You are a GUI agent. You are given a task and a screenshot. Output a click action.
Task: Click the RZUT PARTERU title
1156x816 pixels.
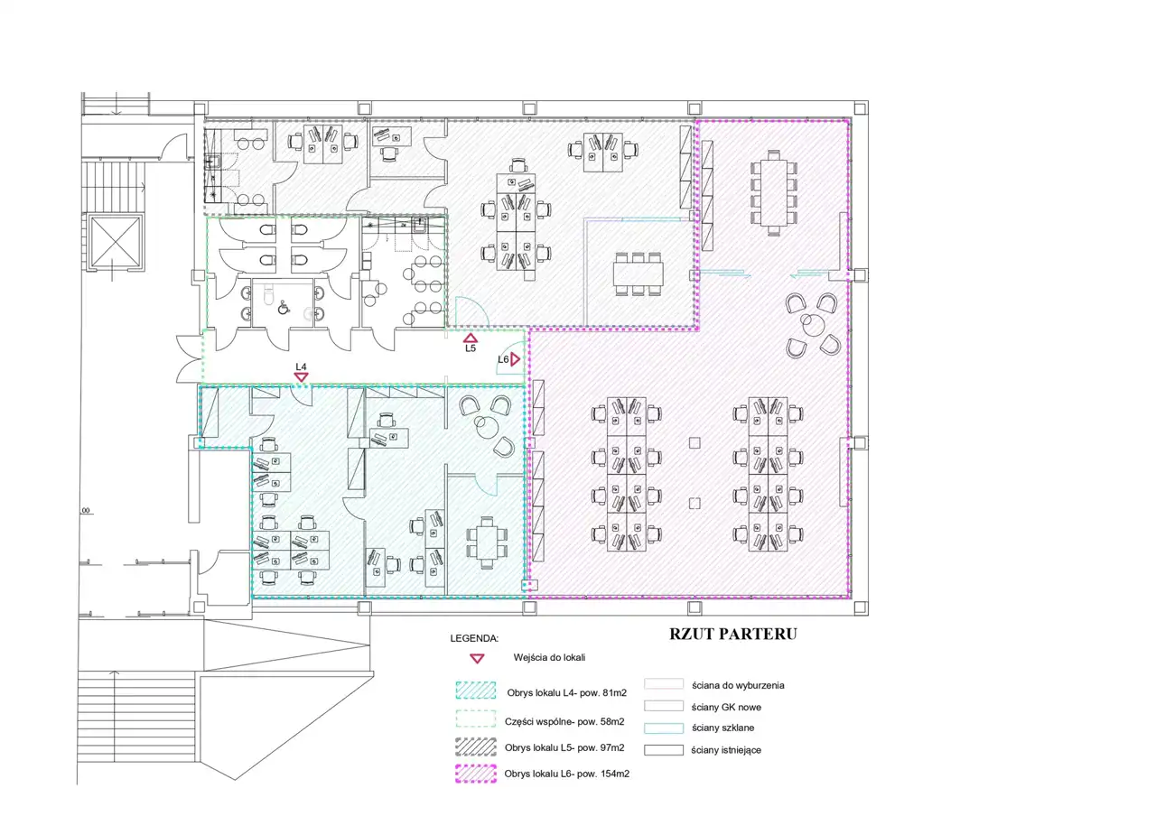[732, 634]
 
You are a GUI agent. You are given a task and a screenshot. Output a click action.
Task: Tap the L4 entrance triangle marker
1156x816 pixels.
[302, 377]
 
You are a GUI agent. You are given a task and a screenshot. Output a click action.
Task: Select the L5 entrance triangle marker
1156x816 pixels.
[471, 338]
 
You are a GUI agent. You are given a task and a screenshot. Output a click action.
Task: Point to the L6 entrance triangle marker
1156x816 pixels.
[515, 359]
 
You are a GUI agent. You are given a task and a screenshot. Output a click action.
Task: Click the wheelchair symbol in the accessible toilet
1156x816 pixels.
[284, 308]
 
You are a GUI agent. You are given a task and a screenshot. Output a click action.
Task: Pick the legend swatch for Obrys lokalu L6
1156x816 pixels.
[476, 774]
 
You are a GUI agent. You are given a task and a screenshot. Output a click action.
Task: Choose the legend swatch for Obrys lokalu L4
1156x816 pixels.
[476, 691]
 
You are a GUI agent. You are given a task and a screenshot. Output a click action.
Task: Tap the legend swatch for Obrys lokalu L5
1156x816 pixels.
[476, 746]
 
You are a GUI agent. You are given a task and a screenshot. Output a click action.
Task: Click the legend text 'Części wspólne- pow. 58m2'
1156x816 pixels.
[564, 721]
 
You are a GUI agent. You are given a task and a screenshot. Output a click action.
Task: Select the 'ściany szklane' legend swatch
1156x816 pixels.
[664, 728]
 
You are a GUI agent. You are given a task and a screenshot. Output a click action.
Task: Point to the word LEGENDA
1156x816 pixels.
[474, 638]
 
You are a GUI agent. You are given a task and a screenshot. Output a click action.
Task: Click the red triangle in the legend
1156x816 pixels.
[478, 659]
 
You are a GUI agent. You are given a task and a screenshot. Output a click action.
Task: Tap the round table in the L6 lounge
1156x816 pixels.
[813, 325]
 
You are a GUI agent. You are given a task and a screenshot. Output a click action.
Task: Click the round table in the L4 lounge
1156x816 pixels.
[487, 427]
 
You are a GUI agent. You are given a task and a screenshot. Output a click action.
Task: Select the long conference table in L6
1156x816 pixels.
[774, 192]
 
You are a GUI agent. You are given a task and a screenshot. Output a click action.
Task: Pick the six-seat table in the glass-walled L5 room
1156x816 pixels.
[639, 274]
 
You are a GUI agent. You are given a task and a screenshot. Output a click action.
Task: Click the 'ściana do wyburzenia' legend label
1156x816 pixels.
[738, 685]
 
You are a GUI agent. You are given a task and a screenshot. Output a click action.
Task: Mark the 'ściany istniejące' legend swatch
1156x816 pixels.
[664, 749]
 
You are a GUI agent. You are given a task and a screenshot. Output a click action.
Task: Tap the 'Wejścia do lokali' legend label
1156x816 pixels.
[549, 658]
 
